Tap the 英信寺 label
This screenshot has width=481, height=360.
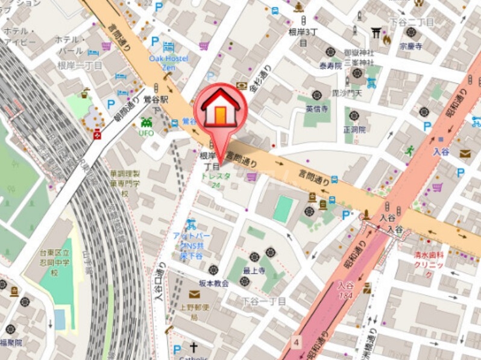[x=316, y=109]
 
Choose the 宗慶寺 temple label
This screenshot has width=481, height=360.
[x=410, y=46]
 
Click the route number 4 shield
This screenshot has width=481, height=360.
[x=297, y=342]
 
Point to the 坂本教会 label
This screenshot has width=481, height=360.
[x=213, y=283]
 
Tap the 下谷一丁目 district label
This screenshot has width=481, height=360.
[x=263, y=301]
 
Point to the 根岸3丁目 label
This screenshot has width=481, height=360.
[x=303, y=36]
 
